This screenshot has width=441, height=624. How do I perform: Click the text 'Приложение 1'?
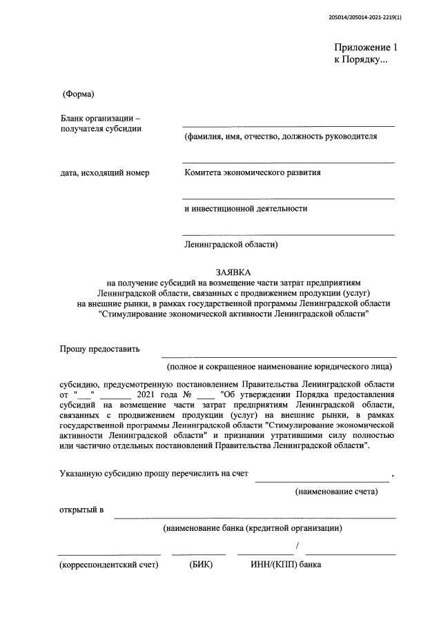pos(366,48)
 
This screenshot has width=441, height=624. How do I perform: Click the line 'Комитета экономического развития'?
pos(252,172)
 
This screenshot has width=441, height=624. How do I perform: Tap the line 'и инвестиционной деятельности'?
pos(246,208)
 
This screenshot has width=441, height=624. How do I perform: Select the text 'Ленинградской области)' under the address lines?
pos(231,244)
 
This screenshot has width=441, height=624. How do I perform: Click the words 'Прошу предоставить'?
pos(99,349)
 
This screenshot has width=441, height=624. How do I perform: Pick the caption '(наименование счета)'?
pos(336,492)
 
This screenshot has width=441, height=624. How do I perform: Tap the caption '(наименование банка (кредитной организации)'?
pos(253,528)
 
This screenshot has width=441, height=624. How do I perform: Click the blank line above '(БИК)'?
pos(199,554)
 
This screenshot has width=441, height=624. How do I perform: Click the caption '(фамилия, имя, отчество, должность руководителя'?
pos(280,137)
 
